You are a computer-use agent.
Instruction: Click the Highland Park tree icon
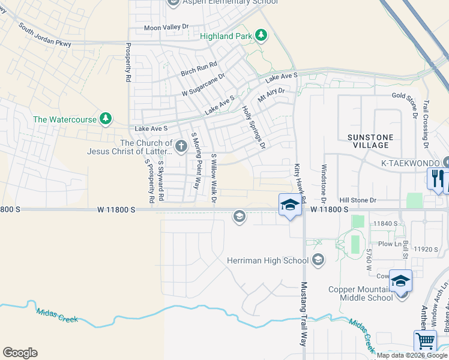tap(261, 36)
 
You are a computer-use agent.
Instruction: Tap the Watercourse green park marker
tap(106, 119)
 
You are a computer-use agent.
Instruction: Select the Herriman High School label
tap(267, 260)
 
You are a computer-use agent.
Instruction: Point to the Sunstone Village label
tap(370, 141)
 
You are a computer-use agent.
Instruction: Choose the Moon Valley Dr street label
tap(166, 28)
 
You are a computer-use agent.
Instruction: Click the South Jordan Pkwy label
tap(44, 35)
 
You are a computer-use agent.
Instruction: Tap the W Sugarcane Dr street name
tap(203, 85)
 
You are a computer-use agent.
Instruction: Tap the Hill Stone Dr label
tap(357, 200)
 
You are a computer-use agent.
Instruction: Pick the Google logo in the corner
tap(20, 353)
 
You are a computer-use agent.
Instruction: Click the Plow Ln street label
tap(390, 244)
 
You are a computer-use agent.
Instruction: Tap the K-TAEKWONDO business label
tap(411, 163)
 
